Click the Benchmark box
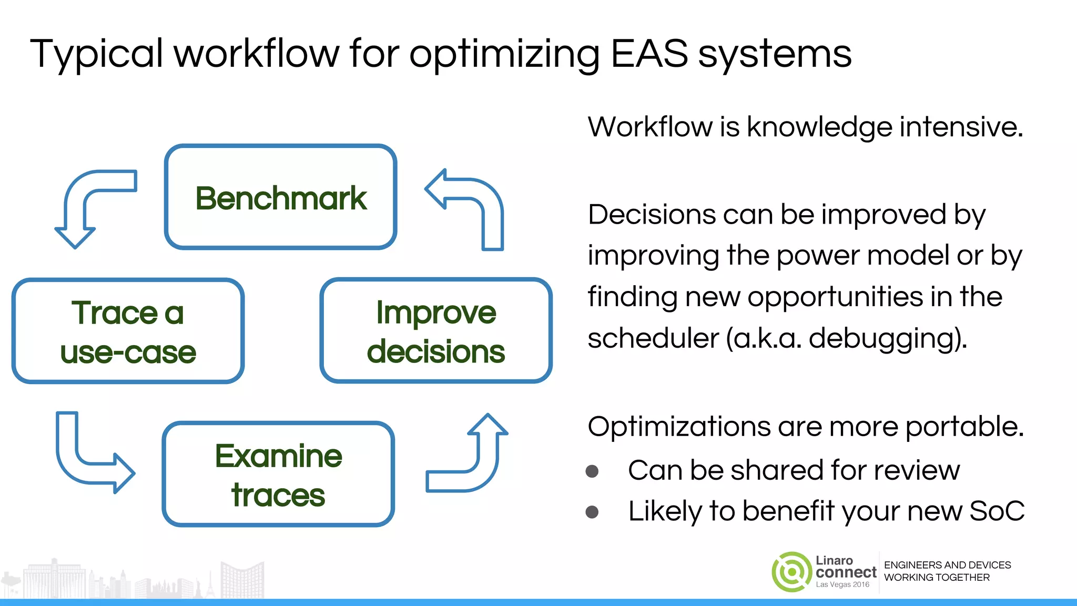(x=280, y=197)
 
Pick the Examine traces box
(x=278, y=474)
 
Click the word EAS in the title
(x=649, y=54)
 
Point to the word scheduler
(x=653, y=338)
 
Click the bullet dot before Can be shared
(x=592, y=471)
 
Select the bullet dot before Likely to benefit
(x=592, y=512)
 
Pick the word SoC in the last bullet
(x=997, y=511)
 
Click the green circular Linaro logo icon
(x=791, y=572)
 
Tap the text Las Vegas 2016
(x=842, y=584)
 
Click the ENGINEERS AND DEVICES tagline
(x=947, y=565)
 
